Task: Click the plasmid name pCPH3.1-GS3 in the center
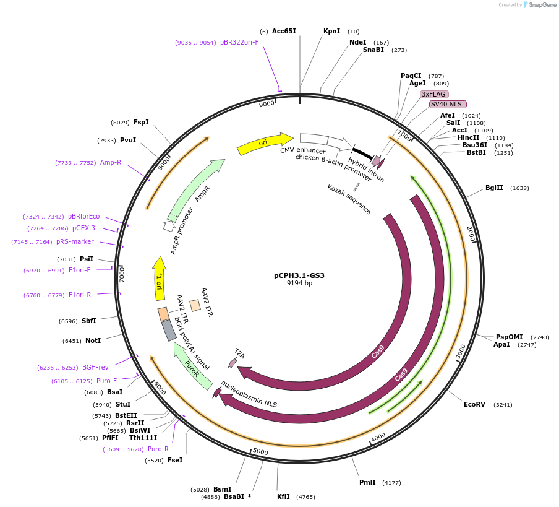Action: pyautogui.click(x=299, y=275)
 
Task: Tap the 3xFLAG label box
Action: pyautogui.click(x=434, y=94)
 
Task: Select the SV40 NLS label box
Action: pyautogui.click(x=448, y=104)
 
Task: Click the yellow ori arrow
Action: pyautogui.click(x=265, y=144)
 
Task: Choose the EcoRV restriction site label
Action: pyautogui.click(x=475, y=405)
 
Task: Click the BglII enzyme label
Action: pyautogui.click(x=494, y=188)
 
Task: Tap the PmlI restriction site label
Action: pyautogui.click(x=367, y=482)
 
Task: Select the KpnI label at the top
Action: pyautogui.click(x=331, y=31)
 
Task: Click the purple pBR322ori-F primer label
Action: pyautogui.click(x=239, y=43)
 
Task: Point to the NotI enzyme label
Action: pyautogui.click(x=93, y=340)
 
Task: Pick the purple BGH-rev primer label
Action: pyautogui.click(x=95, y=367)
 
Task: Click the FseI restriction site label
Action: pyautogui.click(x=175, y=460)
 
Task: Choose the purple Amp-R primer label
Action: pyautogui.click(x=111, y=162)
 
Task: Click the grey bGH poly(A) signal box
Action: pyautogui.click(x=169, y=331)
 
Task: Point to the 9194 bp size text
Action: pyautogui.click(x=299, y=284)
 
